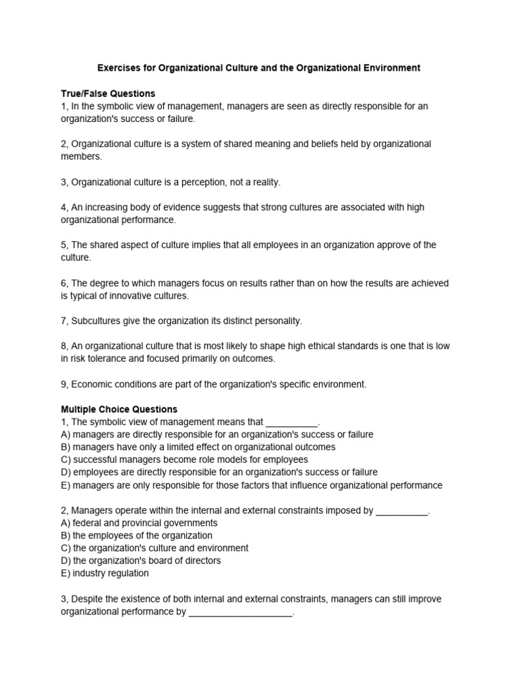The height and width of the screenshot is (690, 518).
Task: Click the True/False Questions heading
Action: point(108,94)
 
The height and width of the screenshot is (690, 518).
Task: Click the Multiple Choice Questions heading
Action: point(119,409)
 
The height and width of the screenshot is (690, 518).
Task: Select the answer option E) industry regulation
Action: point(105,573)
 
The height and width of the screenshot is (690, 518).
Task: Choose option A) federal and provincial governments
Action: point(139,523)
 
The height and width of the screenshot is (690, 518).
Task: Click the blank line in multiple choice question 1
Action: point(291,422)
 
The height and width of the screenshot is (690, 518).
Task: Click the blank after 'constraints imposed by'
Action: point(401,511)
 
